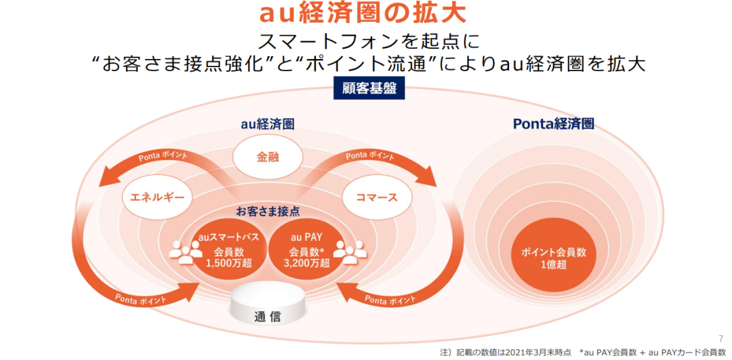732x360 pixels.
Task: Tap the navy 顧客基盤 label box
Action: (365, 88)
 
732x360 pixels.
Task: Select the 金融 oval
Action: (268, 157)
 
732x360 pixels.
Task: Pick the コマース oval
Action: (369, 197)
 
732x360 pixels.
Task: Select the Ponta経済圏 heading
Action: (553, 124)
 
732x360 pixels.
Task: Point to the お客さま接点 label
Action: (268, 211)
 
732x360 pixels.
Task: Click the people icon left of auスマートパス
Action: (185, 252)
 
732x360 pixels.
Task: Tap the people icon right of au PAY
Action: (348, 252)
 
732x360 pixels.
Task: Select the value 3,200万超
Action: (306, 263)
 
